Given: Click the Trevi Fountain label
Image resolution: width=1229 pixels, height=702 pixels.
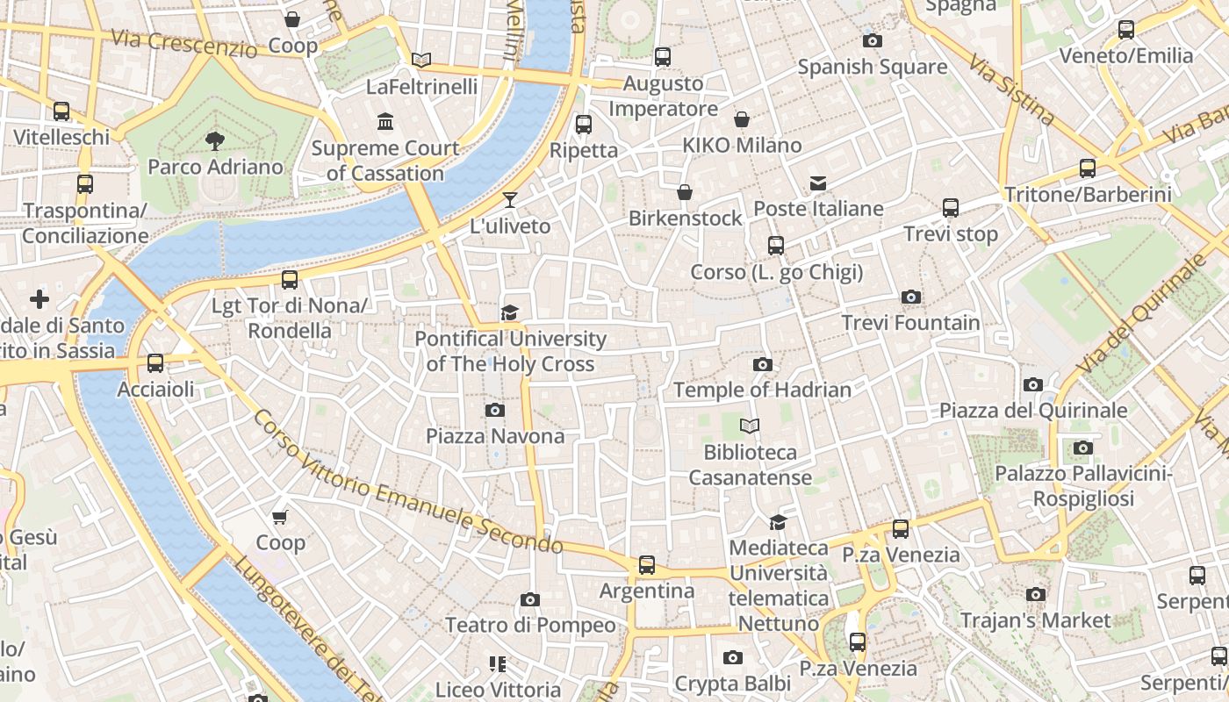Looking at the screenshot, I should click(x=910, y=323).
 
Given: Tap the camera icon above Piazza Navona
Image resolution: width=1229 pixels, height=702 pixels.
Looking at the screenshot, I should click(x=494, y=410).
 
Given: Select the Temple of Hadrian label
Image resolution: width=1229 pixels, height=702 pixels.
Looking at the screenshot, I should click(x=762, y=390).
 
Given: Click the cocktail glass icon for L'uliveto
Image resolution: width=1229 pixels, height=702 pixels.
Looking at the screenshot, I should click(x=510, y=200).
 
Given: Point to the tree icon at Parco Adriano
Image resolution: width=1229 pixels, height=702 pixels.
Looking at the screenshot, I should click(x=214, y=140).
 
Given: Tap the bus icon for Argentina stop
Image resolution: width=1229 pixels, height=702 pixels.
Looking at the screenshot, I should click(x=647, y=565).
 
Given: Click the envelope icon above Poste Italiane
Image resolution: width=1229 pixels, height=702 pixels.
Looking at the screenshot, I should click(x=818, y=183).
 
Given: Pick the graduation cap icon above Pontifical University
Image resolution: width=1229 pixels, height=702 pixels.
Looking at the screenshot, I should click(x=509, y=312).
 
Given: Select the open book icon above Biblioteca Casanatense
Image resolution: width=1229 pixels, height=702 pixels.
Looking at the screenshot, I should click(x=749, y=426).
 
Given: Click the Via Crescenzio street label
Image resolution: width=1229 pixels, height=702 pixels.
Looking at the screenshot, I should click(x=183, y=42).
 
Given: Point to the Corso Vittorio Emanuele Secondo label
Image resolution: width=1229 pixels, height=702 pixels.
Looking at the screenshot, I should click(x=408, y=482).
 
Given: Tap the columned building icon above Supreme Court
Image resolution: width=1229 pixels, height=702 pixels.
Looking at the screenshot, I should click(x=385, y=121).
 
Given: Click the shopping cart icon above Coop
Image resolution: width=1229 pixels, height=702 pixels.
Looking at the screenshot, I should click(x=280, y=517).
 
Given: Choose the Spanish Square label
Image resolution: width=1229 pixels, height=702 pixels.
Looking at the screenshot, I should click(x=872, y=67).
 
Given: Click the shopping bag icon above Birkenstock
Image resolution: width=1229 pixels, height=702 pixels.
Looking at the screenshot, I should click(x=685, y=192).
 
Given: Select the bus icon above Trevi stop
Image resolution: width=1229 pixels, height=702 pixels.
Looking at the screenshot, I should click(x=951, y=208).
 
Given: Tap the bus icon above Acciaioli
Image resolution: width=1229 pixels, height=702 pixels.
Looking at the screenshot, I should click(x=155, y=362).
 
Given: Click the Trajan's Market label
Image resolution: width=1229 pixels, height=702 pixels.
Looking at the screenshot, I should click(x=1035, y=620).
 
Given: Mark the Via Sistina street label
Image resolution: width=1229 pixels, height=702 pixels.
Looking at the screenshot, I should click(x=1010, y=89).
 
